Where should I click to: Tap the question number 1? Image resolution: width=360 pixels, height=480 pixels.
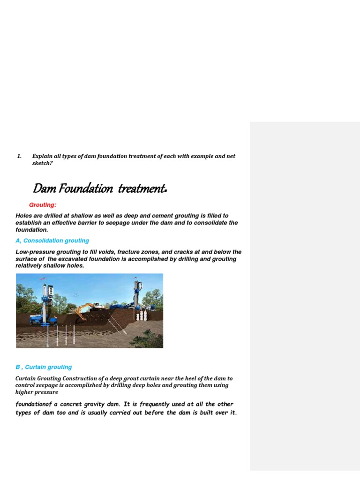click(x=19, y=156)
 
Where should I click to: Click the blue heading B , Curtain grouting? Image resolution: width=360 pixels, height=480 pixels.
click(x=44, y=367)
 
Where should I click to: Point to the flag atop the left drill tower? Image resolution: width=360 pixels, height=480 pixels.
click(x=43, y=280)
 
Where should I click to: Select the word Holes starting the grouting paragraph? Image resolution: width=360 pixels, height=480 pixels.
click(x=24, y=216)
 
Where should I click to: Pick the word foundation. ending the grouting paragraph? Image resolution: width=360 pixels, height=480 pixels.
click(x=32, y=230)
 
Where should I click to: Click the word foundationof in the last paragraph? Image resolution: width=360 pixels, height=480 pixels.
click(x=36, y=404)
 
